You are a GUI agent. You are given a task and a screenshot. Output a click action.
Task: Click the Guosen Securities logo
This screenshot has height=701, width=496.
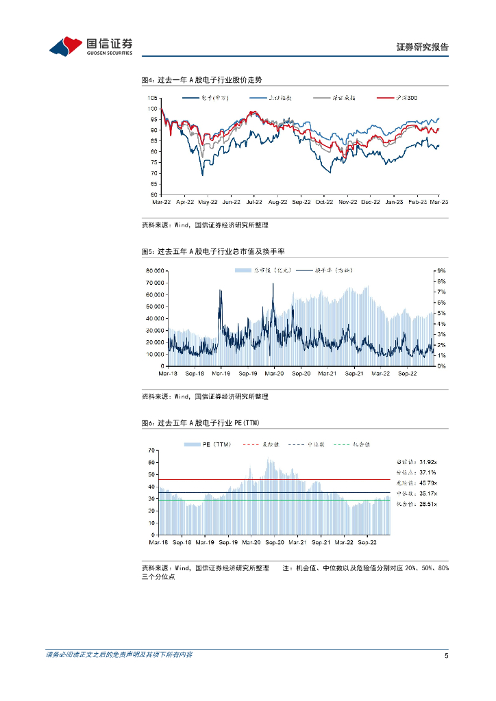[x=90, y=46]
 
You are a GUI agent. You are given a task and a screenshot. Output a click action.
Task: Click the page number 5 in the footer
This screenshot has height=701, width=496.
[x=446, y=656]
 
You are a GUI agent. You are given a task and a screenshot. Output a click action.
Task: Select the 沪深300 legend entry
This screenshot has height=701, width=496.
[x=404, y=98]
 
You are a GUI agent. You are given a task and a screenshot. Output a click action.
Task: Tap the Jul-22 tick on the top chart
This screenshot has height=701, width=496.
[x=254, y=203]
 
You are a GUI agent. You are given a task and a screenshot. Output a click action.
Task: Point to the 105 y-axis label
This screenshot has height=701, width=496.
[x=152, y=98]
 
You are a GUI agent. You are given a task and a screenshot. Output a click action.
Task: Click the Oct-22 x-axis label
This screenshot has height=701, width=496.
[x=324, y=203]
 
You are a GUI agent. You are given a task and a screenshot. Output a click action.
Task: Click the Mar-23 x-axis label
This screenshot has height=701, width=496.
[x=439, y=203]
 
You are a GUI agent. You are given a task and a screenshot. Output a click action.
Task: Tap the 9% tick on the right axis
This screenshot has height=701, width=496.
[x=441, y=271]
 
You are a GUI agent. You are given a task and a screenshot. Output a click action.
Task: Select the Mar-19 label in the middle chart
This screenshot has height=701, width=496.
[x=221, y=374]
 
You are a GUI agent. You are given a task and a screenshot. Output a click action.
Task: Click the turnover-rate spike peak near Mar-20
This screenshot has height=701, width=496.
[x=273, y=284]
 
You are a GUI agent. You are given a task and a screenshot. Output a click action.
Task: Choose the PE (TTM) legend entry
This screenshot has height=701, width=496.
[x=210, y=444]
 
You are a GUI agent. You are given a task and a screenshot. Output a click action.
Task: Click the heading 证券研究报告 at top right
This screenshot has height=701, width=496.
[x=423, y=47]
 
